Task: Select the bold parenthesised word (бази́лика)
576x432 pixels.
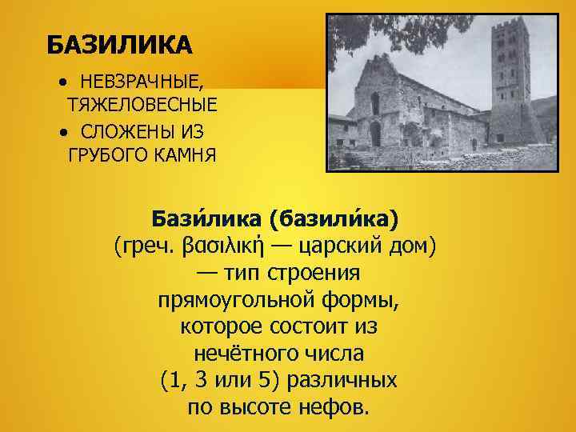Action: [337, 218]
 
